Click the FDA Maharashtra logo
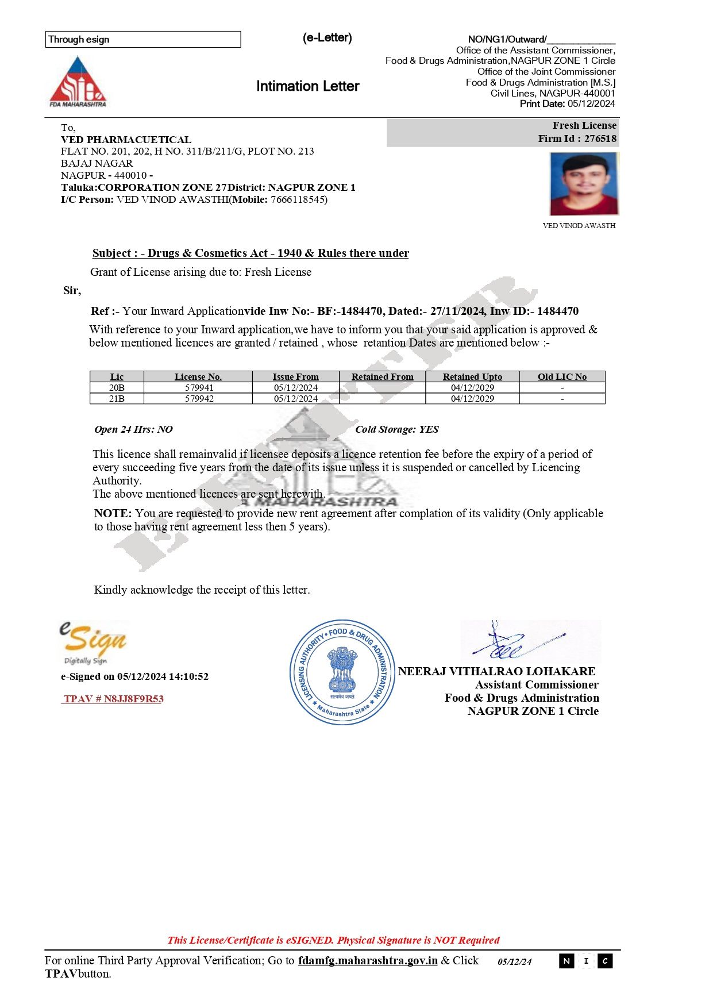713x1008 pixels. pos(78,82)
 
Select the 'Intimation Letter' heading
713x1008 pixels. pos(307,86)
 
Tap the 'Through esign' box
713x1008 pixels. pos(142,39)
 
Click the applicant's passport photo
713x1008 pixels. pos(584,184)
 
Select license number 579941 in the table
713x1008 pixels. pos(199,388)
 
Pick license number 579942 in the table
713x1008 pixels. pos(199,399)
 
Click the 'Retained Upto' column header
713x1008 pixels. pos(472,377)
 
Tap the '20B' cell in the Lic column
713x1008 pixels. pos(117,388)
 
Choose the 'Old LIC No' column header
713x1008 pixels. pos(562,377)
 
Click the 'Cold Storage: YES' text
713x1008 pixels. pos(396,429)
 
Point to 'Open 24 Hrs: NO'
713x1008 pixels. pos(133,429)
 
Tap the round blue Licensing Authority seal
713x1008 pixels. pos(342,672)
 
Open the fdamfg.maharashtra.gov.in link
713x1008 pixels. pos(368,960)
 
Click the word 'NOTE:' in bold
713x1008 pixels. pos(113,513)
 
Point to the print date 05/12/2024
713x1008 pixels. pos(591,104)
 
